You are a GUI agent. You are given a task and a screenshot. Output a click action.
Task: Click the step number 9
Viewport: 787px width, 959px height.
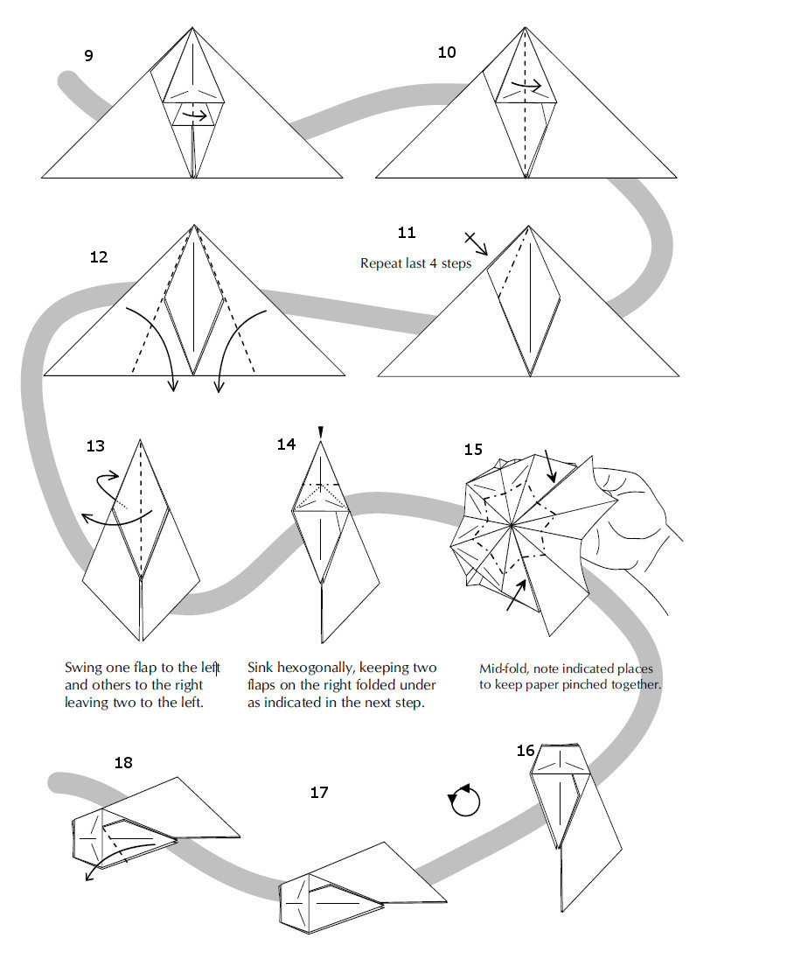tap(88, 56)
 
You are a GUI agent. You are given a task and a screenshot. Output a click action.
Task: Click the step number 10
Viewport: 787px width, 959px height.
tap(447, 52)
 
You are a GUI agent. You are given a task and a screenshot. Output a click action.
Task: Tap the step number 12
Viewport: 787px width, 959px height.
tap(99, 257)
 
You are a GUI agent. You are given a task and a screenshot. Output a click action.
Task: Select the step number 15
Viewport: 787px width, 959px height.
tap(473, 450)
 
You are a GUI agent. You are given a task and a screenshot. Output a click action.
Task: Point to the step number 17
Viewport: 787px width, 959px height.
tap(319, 793)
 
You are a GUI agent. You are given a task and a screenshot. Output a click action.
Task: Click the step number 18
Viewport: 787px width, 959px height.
tap(123, 763)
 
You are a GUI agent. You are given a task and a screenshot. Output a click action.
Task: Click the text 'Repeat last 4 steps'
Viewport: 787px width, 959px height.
tap(415, 263)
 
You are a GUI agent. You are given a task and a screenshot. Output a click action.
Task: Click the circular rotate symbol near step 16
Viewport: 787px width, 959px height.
tap(464, 801)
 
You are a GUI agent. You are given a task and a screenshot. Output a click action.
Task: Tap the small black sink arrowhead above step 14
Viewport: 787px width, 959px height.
tap(321, 431)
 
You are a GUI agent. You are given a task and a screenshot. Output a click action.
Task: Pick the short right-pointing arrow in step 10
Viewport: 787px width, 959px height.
tap(527, 86)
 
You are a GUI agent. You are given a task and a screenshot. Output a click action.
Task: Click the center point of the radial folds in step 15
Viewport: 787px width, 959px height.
tap(512, 526)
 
